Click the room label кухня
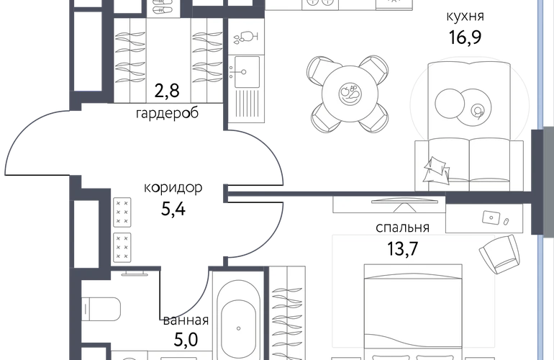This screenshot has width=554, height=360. pyautogui.click(x=465, y=17)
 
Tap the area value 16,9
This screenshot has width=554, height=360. pyautogui.click(x=465, y=37)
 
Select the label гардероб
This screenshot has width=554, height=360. pyautogui.click(x=167, y=114)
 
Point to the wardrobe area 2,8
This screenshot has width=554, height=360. pyautogui.click(x=167, y=91)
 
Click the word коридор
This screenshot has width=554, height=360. pyautogui.click(x=173, y=187)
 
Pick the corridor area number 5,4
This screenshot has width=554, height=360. pyautogui.click(x=173, y=209)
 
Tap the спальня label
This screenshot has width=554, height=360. pyautogui.click(x=402, y=228)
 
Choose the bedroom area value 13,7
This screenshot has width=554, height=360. pyautogui.click(x=402, y=248)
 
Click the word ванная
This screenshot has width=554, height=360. pyautogui.click(x=186, y=320)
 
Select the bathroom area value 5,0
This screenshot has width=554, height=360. pyautogui.click(x=186, y=340)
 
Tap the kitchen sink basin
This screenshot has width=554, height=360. pyautogui.click(x=247, y=72)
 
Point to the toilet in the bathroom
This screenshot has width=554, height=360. pyautogui.click(x=101, y=309)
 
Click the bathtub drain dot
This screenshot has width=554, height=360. pyautogui.click(x=238, y=328)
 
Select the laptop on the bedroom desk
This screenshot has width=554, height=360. pyautogui.click(x=491, y=217)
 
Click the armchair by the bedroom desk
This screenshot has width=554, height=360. pyautogui.click(x=499, y=254)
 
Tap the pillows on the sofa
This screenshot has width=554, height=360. pyautogui.click(x=437, y=171)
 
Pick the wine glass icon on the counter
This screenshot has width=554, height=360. pyautogui.click(x=246, y=37)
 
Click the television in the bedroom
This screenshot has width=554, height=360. pyautogui.click(x=404, y=202)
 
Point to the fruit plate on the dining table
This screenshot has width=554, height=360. pyautogui.click(x=350, y=94)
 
